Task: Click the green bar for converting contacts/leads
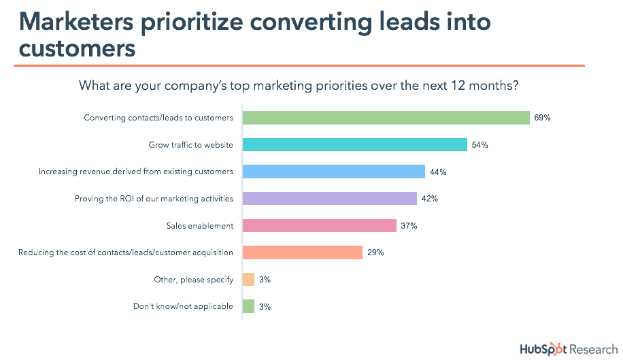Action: pyautogui.click(x=386, y=118)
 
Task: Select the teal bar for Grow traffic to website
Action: pyautogui.click(x=354, y=145)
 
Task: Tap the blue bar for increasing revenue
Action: pyautogui.click(x=333, y=171)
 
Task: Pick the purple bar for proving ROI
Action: pyautogui.click(x=329, y=199)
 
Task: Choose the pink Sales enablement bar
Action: pyautogui.click(x=319, y=225)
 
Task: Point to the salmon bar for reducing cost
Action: pyautogui.click(x=302, y=252)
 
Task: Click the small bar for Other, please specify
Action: pyautogui.click(x=248, y=280)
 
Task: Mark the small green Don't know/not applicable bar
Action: pyautogui.click(x=248, y=306)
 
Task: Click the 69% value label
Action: pyautogui.click(x=542, y=118)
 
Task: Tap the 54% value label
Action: pyautogui.click(x=479, y=145)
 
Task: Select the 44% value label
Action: pyautogui.click(x=437, y=172)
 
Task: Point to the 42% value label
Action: pyautogui.click(x=429, y=199)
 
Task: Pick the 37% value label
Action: pyautogui.click(x=409, y=226)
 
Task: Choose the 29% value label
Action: pyautogui.click(x=375, y=252)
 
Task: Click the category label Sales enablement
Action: pyautogui.click(x=199, y=226)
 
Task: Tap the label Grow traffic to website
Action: pyautogui.click(x=190, y=145)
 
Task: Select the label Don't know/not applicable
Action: pyautogui.click(x=183, y=307)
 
